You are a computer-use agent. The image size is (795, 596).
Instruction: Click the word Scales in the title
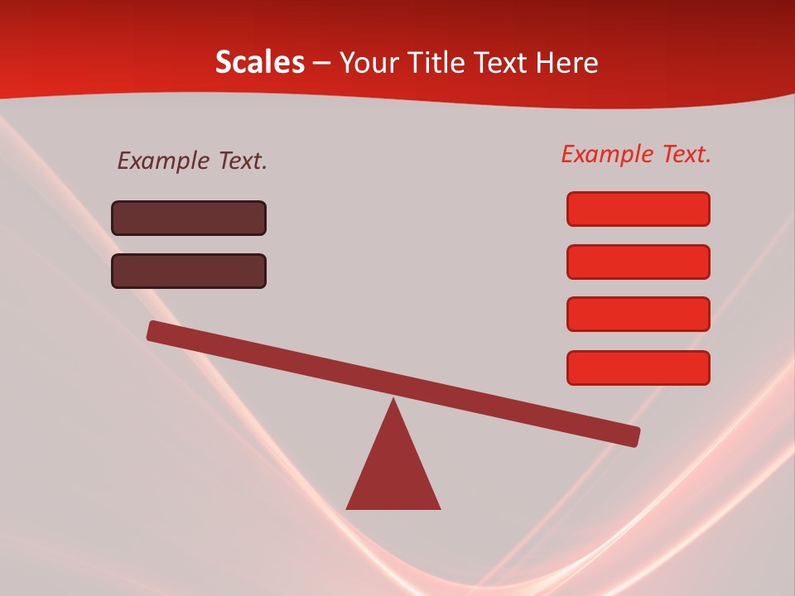click(x=259, y=62)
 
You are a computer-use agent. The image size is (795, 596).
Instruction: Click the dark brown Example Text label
click(x=192, y=161)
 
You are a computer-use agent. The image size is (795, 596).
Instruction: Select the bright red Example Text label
click(x=636, y=154)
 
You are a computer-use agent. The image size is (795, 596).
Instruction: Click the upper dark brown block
click(x=189, y=218)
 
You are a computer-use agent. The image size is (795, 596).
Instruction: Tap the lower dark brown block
click(x=189, y=271)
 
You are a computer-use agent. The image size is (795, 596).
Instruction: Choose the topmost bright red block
click(x=638, y=209)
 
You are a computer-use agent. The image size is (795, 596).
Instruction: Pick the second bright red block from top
click(x=638, y=262)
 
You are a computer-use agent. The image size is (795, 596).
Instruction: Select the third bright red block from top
click(x=638, y=315)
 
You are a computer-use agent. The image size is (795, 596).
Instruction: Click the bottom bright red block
click(x=638, y=368)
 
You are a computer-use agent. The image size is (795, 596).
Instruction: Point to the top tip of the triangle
click(x=393, y=401)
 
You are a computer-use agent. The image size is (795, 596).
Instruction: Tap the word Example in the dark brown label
click(x=164, y=161)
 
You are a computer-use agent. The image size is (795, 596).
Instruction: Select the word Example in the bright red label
click(x=608, y=154)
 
